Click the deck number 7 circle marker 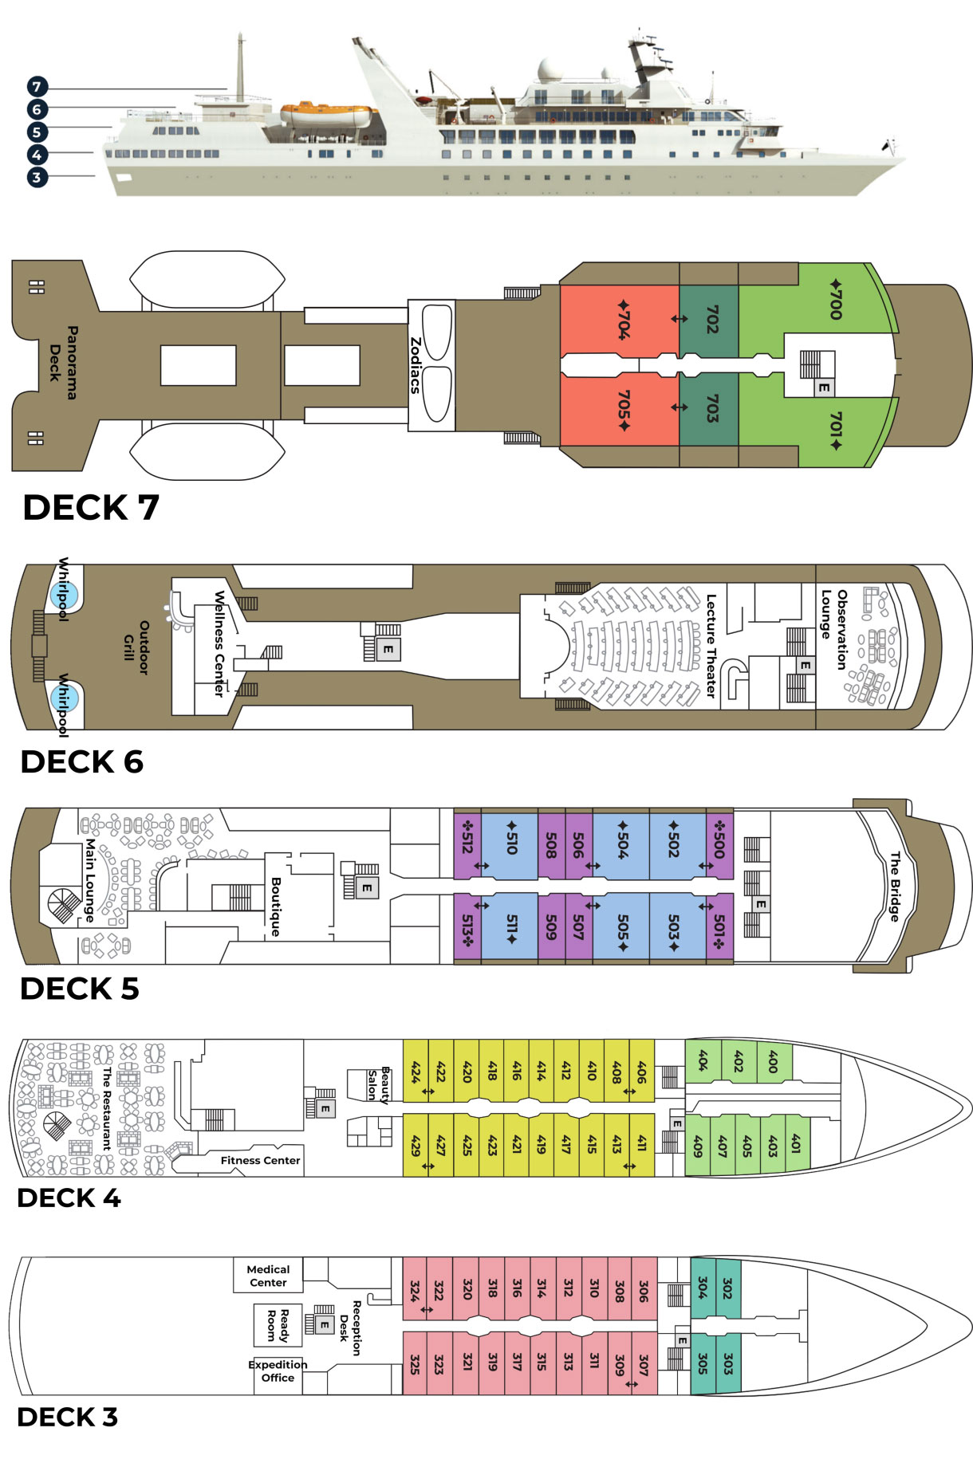(37, 87)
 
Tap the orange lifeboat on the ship (325, 115)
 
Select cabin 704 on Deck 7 (620, 319)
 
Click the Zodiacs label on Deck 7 (415, 365)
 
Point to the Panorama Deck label (63, 362)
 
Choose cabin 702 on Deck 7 (710, 319)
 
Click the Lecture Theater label (711, 646)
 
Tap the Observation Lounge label (834, 629)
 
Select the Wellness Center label (219, 643)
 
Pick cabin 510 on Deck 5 (510, 836)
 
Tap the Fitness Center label (260, 1160)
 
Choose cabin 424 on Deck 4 (416, 1071)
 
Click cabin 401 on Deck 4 (795, 1144)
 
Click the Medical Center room (268, 1276)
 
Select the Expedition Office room (278, 1371)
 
